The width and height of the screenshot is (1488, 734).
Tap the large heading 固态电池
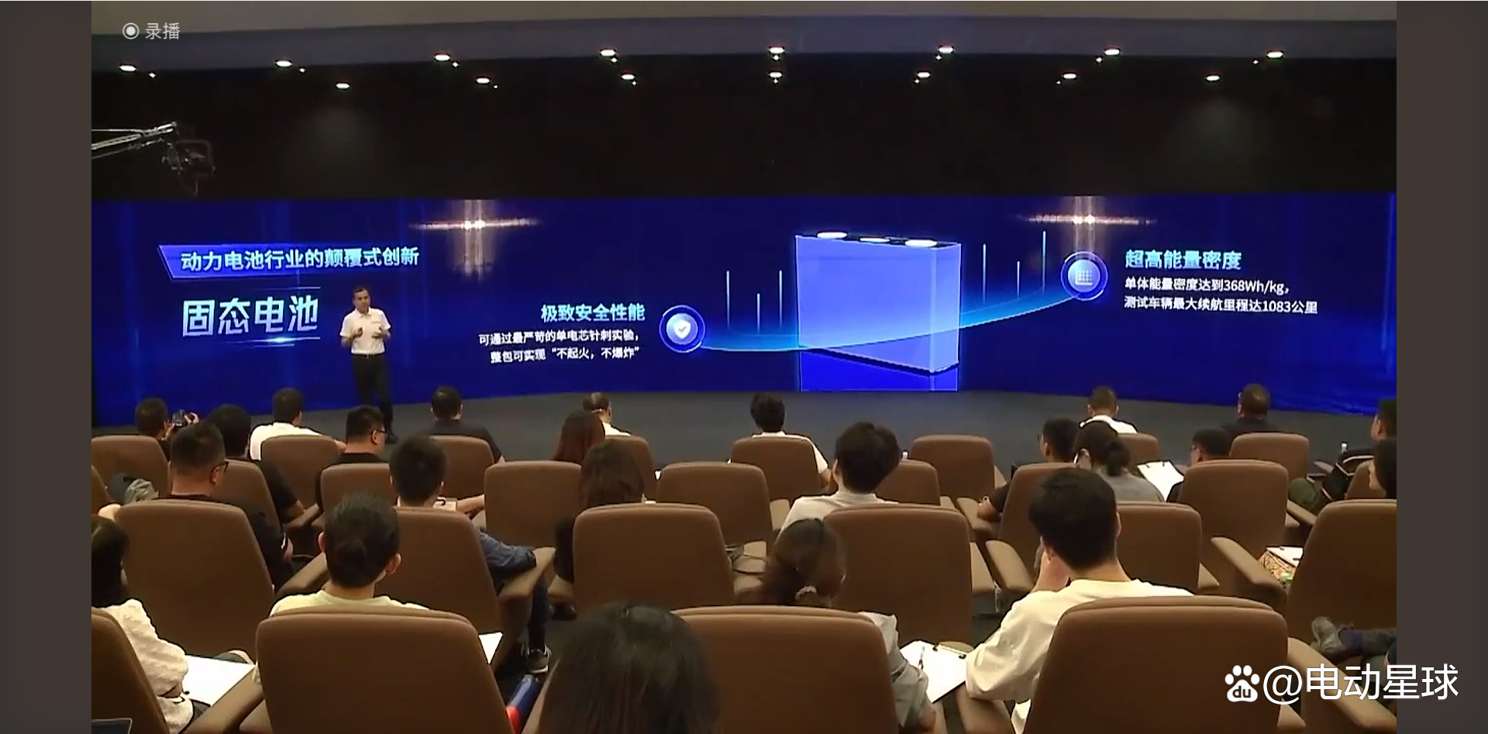click(250, 316)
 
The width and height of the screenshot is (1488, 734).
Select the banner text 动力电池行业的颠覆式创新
click(298, 258)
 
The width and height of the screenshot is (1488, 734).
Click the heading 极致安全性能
click(593, 312)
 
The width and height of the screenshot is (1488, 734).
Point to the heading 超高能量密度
click(1183, 260)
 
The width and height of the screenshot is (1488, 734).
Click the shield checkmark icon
click(681, 329)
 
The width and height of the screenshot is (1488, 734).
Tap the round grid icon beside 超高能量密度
click(1083, 275)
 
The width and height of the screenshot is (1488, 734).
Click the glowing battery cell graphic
click(878, 310)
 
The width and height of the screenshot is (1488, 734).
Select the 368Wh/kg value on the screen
click(1255, 285)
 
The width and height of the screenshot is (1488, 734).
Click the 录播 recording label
click(162, 31)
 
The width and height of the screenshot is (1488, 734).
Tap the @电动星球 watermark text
click(1361, 683)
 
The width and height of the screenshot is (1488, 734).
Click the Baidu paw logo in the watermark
click(1242, 683)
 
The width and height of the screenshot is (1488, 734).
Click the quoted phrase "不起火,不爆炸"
click(594, 354)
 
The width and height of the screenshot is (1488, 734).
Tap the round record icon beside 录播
click(130, 31)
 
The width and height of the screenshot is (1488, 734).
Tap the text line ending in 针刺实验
click(558, 337)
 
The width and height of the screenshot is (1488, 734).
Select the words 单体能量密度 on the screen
click(1160, 285)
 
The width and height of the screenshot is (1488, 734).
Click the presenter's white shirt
click(366, 332)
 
